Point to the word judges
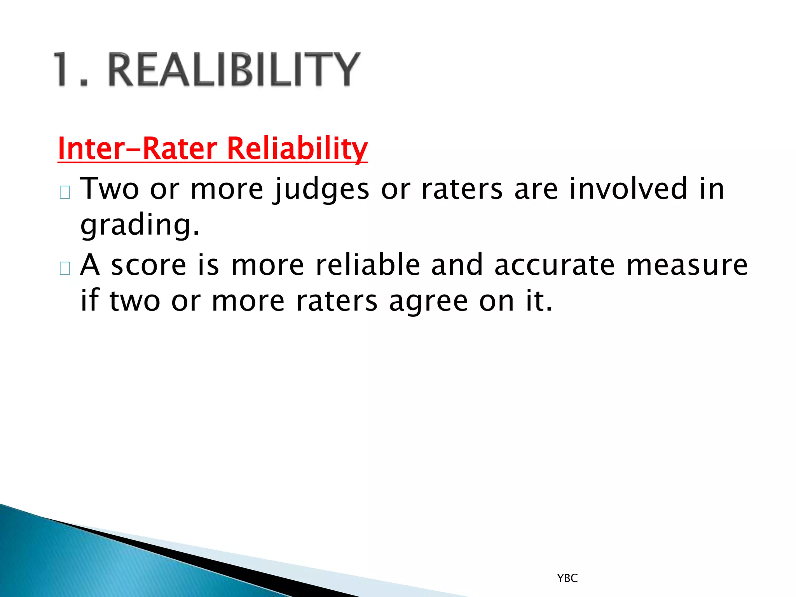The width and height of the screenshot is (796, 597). click(321, 189)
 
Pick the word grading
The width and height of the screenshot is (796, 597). click(140, 225)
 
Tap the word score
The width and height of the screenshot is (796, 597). click(149, 265)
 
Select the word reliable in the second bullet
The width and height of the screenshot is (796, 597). click(368, 265)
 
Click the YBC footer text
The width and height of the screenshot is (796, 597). click(567, 578)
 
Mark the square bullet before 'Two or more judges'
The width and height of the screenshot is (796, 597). click(65, 192)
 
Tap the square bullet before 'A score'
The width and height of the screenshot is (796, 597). click(65, 268)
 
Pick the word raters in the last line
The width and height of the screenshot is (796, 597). click(336, 301)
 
